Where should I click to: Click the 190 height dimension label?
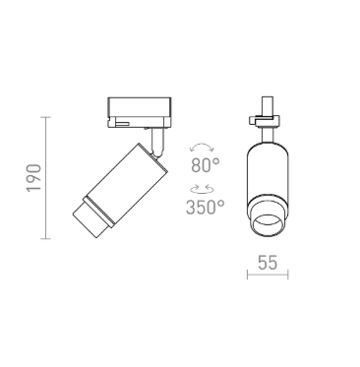tap(34, 178)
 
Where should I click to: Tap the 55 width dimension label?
tap(268, 263)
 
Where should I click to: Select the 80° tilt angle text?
tap(206, 164)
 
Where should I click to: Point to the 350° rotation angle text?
tap(206, 207)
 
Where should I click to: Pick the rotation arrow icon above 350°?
tap(202, 189)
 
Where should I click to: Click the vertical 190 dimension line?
tap(46, 178)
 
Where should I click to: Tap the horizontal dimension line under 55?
tap(268, 275)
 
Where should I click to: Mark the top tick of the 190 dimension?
tap(46, 117)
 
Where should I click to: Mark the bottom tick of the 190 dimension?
tap(46, 239)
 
